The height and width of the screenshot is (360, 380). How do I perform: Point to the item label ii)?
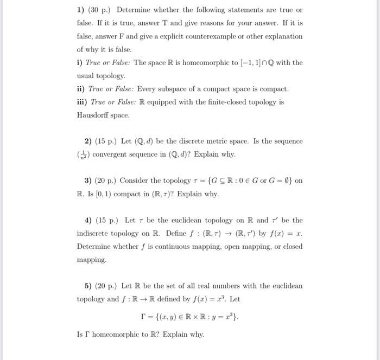(81, 89)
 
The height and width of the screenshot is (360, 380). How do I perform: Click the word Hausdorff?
(93, 115)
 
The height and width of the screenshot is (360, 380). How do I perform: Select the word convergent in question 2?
(111, 155)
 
